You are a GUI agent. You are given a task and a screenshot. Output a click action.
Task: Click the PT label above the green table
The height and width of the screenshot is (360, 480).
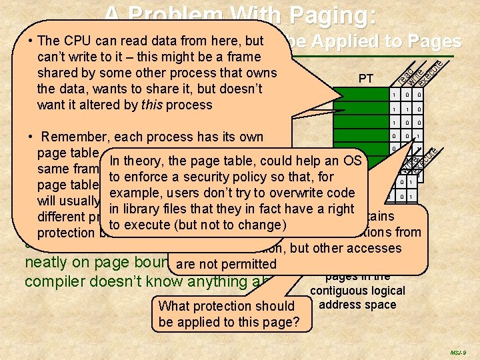(366, 79)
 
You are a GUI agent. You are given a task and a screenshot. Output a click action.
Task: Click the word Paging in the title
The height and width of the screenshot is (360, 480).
(331, 15)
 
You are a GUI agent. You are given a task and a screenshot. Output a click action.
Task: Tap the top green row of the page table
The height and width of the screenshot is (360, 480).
(360, 95)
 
